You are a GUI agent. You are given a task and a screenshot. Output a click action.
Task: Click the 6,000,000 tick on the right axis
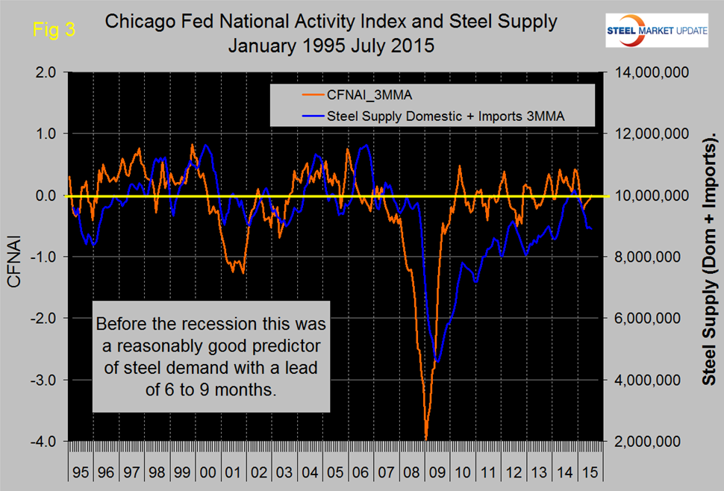pyautogui.click(x=646, y=318)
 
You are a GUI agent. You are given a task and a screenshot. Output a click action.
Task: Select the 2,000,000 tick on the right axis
pyautogui.click(x=646, y=441)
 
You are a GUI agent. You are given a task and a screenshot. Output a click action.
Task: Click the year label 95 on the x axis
pyautogui.click(x=81, y=472)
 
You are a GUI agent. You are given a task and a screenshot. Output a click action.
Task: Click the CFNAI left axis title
pyautogui.click(x=15, y=257)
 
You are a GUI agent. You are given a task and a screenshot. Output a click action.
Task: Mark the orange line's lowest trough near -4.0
pyautogui.click(x=426, y=440)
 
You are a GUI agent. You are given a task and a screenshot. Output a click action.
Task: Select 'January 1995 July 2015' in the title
pyautogui.click(x=331, y=44)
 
